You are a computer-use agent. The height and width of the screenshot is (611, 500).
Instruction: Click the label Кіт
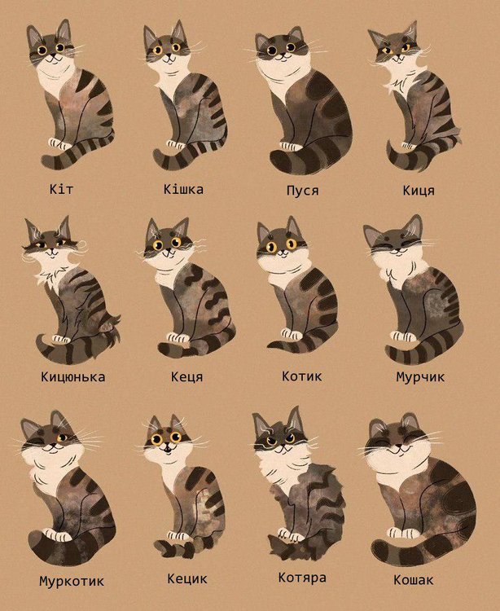pyautogui.click(x=61, y=189)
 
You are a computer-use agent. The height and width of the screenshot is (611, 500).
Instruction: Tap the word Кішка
pyautogui.click(x=183, y=189)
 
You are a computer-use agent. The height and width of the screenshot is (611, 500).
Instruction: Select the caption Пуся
pyautogui.click(x=303, y=191)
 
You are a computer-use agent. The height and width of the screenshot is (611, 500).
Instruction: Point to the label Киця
pyautogui.click(x=419, y=191)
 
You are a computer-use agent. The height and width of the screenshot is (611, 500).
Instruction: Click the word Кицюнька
pyautogui.click(x=72, y=377)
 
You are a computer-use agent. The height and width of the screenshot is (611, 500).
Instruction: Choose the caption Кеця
pyautogui.click(x=187, y=377)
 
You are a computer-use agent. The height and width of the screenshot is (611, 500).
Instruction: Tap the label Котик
pyautogui.click(x=302, y=376)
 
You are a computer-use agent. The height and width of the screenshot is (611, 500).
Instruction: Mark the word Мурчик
pyautogui.click(x=420, y=377)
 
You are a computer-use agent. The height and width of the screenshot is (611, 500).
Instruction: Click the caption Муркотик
pyautogui.click(x=72, y=581)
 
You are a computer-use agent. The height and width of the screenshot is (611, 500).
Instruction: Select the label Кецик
pyautogui.click(x=187, y=578)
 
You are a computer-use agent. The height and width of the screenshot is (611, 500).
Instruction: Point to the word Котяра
pyautogui.click(x=302, y=578)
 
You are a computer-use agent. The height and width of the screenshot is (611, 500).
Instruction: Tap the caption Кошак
pyautogui.click(x=413, y=580)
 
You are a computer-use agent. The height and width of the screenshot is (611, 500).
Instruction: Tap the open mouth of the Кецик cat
pyautogui.click(x=167, y=451)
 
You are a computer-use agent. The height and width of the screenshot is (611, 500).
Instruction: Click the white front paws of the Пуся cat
pyautogui.click(x=291, y=147)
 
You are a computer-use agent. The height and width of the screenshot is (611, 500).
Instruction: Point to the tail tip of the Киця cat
pyautogui.click(x=389, y=144)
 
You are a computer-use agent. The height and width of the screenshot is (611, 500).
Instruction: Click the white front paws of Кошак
pyautogui.click(x=402, y=532)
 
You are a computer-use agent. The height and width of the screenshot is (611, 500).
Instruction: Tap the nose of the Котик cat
pyautogui.click(x=282, y=252)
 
